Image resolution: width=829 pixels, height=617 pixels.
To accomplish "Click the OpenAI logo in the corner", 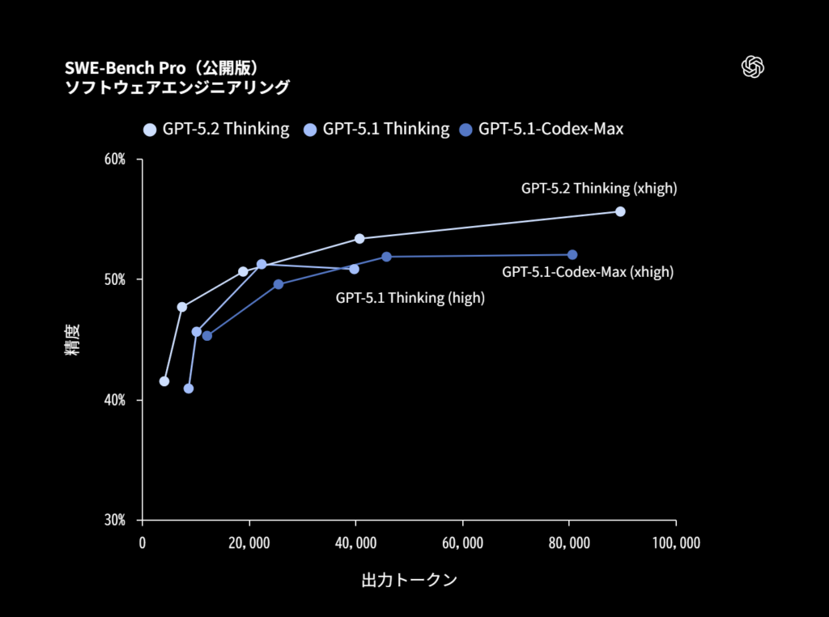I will pos(753,67).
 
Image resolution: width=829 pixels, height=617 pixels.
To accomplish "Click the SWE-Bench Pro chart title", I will pos(161,67).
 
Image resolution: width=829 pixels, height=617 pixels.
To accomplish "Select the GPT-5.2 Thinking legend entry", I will pos(216,129).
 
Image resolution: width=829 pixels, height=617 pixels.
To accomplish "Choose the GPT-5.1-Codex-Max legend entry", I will pos(542,129).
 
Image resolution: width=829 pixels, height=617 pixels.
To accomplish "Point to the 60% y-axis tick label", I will pos(115,160).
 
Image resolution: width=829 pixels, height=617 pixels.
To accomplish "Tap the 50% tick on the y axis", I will pos(115,279).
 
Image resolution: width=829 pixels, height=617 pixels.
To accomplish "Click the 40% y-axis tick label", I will pos(115,400).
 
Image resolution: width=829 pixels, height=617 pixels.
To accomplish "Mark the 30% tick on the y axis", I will pos(115,520).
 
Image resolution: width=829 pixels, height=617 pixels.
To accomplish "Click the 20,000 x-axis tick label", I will pos(249,543).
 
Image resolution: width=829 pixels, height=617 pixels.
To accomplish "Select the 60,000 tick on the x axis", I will pos(462,543).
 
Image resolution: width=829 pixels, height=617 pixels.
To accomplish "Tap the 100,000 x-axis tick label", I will pos(675,543).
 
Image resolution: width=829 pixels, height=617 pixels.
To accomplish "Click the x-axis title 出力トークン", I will pos(409,581).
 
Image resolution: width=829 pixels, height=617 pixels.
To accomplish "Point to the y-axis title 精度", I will pos(72,340).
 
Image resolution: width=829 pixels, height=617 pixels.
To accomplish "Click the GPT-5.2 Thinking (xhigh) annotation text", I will pos(598,189).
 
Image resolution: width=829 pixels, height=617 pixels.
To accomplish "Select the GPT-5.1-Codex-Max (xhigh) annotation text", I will pos(587,272).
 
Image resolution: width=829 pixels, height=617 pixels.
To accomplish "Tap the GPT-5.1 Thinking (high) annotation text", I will pos(410,298).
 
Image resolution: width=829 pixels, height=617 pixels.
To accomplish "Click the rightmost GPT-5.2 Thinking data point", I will pos(620,211).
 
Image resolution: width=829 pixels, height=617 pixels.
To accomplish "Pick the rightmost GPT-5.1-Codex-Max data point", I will pos(572,255).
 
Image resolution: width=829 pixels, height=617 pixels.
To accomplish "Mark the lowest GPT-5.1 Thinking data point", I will pos(189,389).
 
